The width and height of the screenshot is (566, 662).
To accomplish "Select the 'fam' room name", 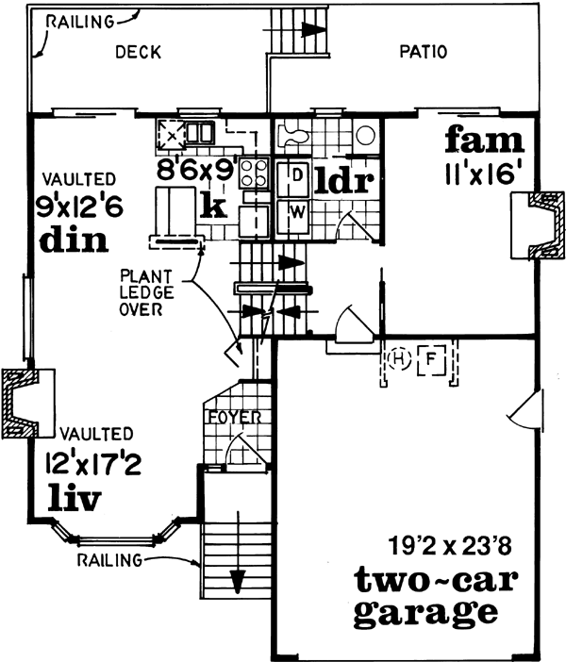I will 484,141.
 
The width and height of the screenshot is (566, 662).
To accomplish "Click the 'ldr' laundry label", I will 344,179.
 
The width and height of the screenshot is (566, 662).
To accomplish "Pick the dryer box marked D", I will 294,175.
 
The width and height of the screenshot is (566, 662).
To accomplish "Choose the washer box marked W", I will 294,210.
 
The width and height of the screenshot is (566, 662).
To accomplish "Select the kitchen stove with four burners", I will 254,174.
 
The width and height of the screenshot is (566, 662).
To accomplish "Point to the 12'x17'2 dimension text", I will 88,463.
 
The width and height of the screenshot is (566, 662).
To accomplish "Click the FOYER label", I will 235,417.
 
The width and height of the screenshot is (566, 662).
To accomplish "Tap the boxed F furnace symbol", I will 431,359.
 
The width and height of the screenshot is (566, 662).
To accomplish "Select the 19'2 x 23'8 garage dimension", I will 441,544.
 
